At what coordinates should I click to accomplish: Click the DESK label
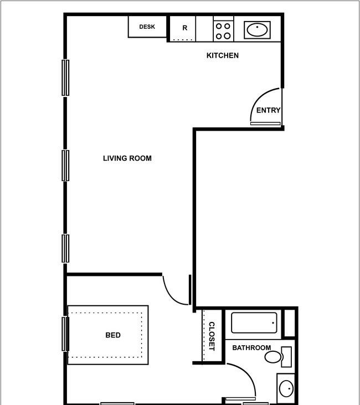(147, 27)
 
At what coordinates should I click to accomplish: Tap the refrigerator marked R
(183, 28)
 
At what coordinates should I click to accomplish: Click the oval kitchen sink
(257, 30)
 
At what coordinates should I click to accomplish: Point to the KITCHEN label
(223, 55)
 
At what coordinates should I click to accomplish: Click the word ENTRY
(268, 110)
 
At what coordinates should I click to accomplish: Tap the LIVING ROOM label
(127, 158)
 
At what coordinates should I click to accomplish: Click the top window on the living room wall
(65, 78)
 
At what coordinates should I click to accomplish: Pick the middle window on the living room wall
(65, 166)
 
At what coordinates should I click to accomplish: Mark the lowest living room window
(65, 248)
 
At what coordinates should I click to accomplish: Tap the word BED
(113, 335)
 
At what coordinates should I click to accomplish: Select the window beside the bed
(65, 334)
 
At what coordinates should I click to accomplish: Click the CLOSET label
(212, 336)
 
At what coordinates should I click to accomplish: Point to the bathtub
(254, 323)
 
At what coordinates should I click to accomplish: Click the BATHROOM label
(251, 348)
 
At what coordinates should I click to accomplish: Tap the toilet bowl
(273, 357)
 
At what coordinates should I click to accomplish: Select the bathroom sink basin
(286, 388)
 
